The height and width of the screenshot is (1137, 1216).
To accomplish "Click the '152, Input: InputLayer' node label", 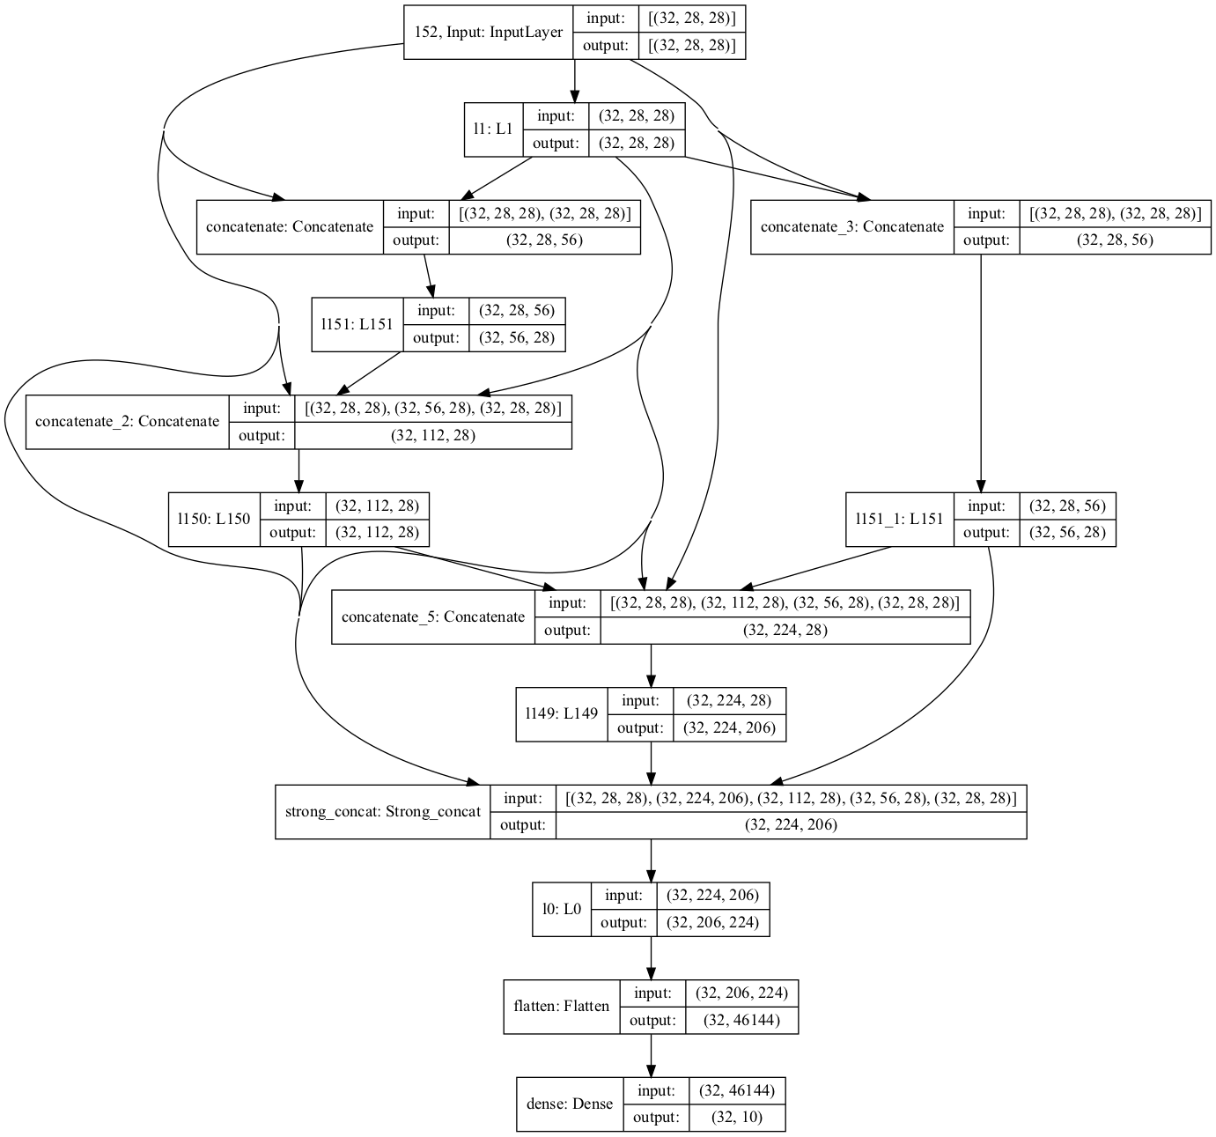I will (x=488, y=33).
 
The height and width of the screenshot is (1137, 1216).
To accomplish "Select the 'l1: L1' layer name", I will (x=493, y=129).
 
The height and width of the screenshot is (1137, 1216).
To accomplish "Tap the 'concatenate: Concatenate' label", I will (x=290, y=227).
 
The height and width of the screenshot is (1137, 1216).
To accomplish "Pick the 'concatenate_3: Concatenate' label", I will (x=851, y=227).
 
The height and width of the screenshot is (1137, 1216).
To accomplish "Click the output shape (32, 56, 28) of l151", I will (x=516, y=338).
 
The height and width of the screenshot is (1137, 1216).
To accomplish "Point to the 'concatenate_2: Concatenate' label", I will (x=127, y=422).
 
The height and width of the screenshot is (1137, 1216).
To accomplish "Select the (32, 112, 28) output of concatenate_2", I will (x=432, y=435).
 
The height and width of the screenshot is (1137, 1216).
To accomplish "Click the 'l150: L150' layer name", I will (x=214, y=520).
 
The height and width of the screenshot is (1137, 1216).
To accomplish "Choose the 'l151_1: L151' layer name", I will (x=899, y=520).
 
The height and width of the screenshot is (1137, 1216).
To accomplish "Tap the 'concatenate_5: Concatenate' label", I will (x=432, y=617).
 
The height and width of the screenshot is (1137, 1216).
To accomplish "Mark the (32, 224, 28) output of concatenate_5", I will (x=785, y=631).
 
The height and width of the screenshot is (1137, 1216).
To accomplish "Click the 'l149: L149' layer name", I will (x=562, y=714).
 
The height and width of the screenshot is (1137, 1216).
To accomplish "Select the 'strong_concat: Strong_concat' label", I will (x=382, y=812).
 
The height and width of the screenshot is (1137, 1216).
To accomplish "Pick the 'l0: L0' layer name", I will (x=562, y=910).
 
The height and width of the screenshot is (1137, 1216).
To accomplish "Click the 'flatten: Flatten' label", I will (x=561, y=1007).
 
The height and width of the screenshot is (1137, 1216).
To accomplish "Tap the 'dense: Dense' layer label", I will (x=569, y=1104).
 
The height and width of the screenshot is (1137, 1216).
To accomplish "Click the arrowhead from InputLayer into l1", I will (x=575, y=96).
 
